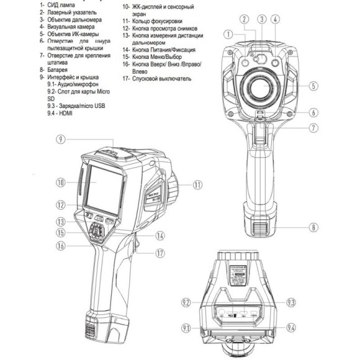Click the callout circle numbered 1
[229, 34]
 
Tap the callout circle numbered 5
[314, 86]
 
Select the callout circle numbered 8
[314, 227]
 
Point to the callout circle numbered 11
[198, 184]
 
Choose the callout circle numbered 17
[160, 253]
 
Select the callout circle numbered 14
[160, 236]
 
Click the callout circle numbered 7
[314, 128]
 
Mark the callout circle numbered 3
[264, 19]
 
